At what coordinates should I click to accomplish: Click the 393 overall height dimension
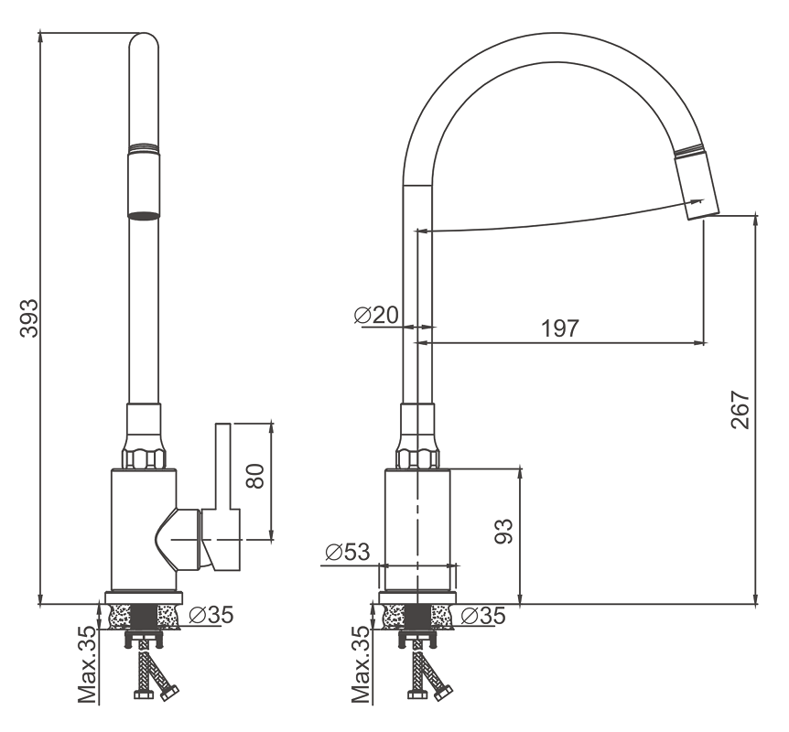(x=28, y=318)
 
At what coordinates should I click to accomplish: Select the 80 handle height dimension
(x=255, y=476)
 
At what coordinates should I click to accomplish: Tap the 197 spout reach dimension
(x=560, y=328)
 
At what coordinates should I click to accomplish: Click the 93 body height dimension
(x=503, y=531)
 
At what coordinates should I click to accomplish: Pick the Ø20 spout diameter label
(x=376, y=316)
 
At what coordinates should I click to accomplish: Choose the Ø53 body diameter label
(x=348, y=552)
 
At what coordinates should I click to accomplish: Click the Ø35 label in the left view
(x=211, y=614)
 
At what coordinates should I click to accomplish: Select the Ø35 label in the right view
(x=483, y=615)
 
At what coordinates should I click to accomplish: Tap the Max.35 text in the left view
(x=87, y=664)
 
